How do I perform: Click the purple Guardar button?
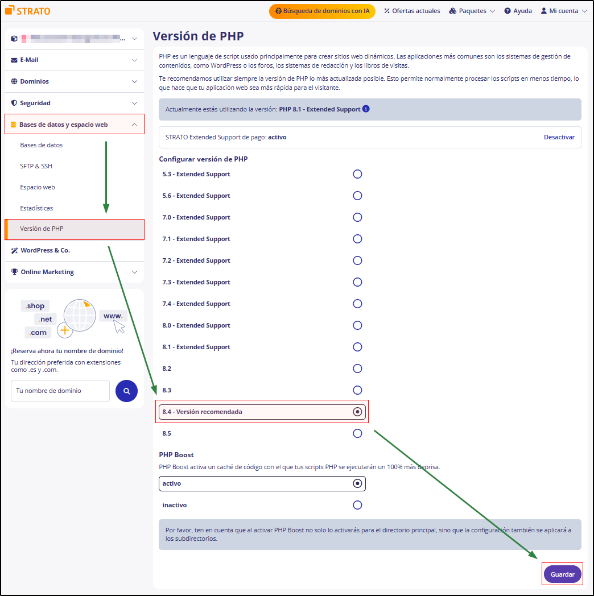562,574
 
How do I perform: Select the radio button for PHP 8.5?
357,433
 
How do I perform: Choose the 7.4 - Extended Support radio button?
357,304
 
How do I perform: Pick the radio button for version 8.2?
357,369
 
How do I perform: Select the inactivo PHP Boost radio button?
357,505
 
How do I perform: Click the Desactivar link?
559,137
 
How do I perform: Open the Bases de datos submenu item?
42,145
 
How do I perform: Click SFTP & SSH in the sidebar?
36,166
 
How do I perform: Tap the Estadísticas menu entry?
36,208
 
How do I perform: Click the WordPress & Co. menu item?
46,250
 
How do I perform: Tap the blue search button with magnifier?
126,391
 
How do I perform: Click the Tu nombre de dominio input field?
60,391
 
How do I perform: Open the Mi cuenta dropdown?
563,11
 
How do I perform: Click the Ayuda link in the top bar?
518,11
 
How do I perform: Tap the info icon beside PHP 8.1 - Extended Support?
366,109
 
